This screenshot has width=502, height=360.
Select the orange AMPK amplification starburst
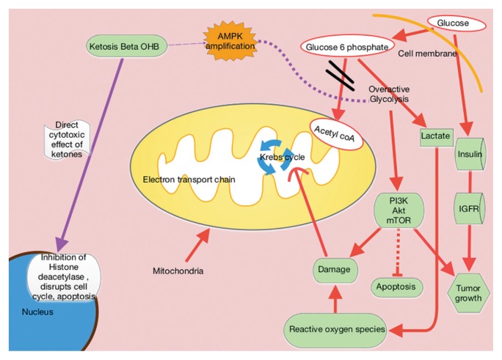(x=230, y=41)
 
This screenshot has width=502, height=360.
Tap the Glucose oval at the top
(x=452, y=23)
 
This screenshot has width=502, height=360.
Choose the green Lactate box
(x=435, y=136)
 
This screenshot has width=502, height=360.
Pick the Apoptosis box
(x=396, y=286)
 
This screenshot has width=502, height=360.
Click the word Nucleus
(x=39, y=312)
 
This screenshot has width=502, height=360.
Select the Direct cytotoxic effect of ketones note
(x=66, y=138)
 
